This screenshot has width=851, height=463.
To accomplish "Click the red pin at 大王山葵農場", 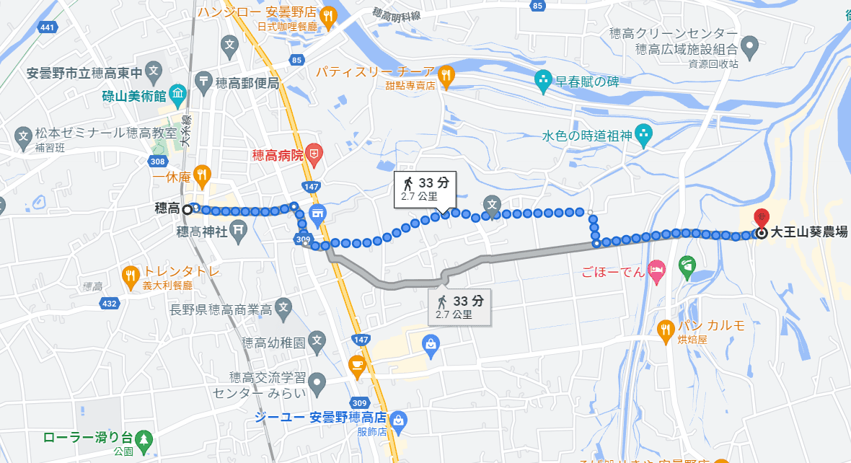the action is click(x=762, y=216).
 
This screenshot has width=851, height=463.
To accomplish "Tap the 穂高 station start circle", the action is click(x=188, y=210).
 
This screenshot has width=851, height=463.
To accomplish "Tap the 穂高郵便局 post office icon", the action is click(x=204, y=81).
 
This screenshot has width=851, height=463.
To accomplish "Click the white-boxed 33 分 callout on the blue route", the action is click(x=425, y=188).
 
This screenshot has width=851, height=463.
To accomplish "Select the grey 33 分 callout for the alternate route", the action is click(x=462, y=307).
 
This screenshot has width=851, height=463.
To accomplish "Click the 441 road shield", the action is click(x=48, y=27).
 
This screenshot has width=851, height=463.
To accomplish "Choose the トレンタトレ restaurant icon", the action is click(x=131, y=273).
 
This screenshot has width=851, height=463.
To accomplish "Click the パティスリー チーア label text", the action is click(x=376, y=73).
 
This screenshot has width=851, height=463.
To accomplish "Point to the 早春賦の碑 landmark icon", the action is click(x=542, y=79).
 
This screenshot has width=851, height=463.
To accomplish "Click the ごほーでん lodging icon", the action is click(x=656, y=272).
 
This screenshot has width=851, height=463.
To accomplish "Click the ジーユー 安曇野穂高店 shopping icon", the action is click(x=400, y=420).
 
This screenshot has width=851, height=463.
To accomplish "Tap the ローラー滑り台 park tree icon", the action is click(x=144, y=438).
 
